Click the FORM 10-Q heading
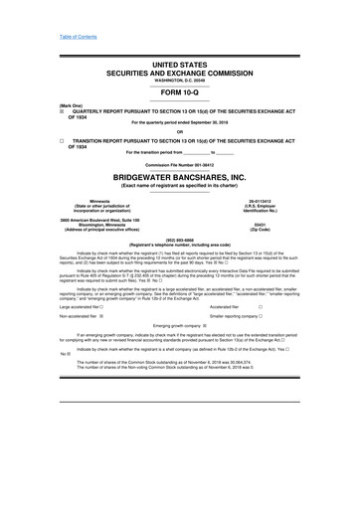[180, 95]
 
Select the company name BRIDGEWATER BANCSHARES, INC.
[180, 173]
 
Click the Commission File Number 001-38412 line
[180, 162]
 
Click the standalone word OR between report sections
[180, 132]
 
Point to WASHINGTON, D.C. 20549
[180, 79]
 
